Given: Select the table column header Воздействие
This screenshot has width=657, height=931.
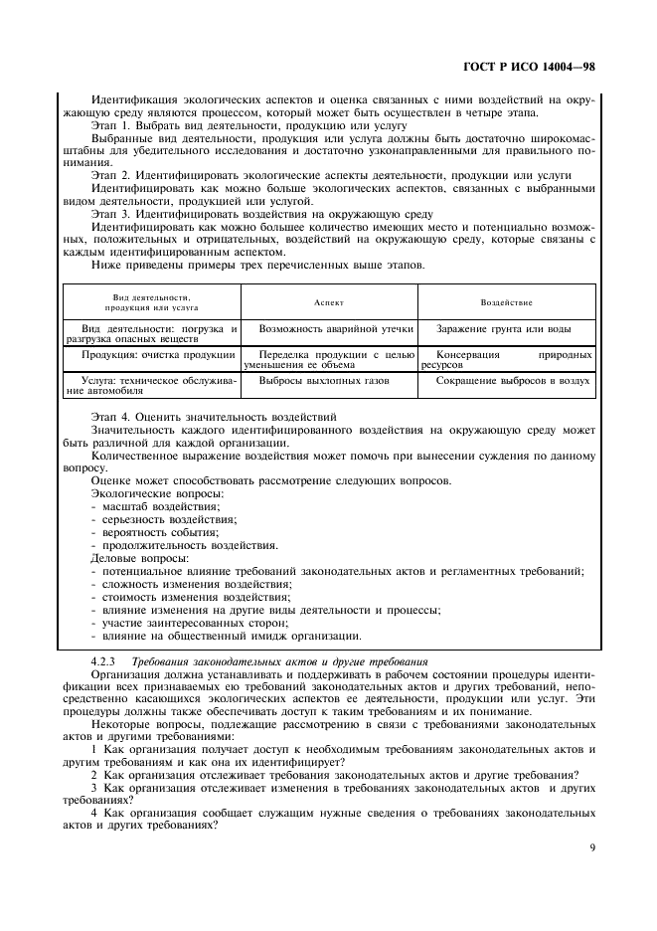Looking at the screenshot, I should [x=507, y=301].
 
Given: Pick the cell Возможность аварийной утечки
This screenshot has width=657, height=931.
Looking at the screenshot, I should [x=329, y=327].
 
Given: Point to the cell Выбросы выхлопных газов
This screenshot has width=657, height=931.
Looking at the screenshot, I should [x=324, y=380].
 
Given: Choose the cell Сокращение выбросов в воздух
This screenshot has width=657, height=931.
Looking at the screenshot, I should [x=511, y=380].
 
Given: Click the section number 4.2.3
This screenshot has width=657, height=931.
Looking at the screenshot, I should [x=104, y=659].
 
